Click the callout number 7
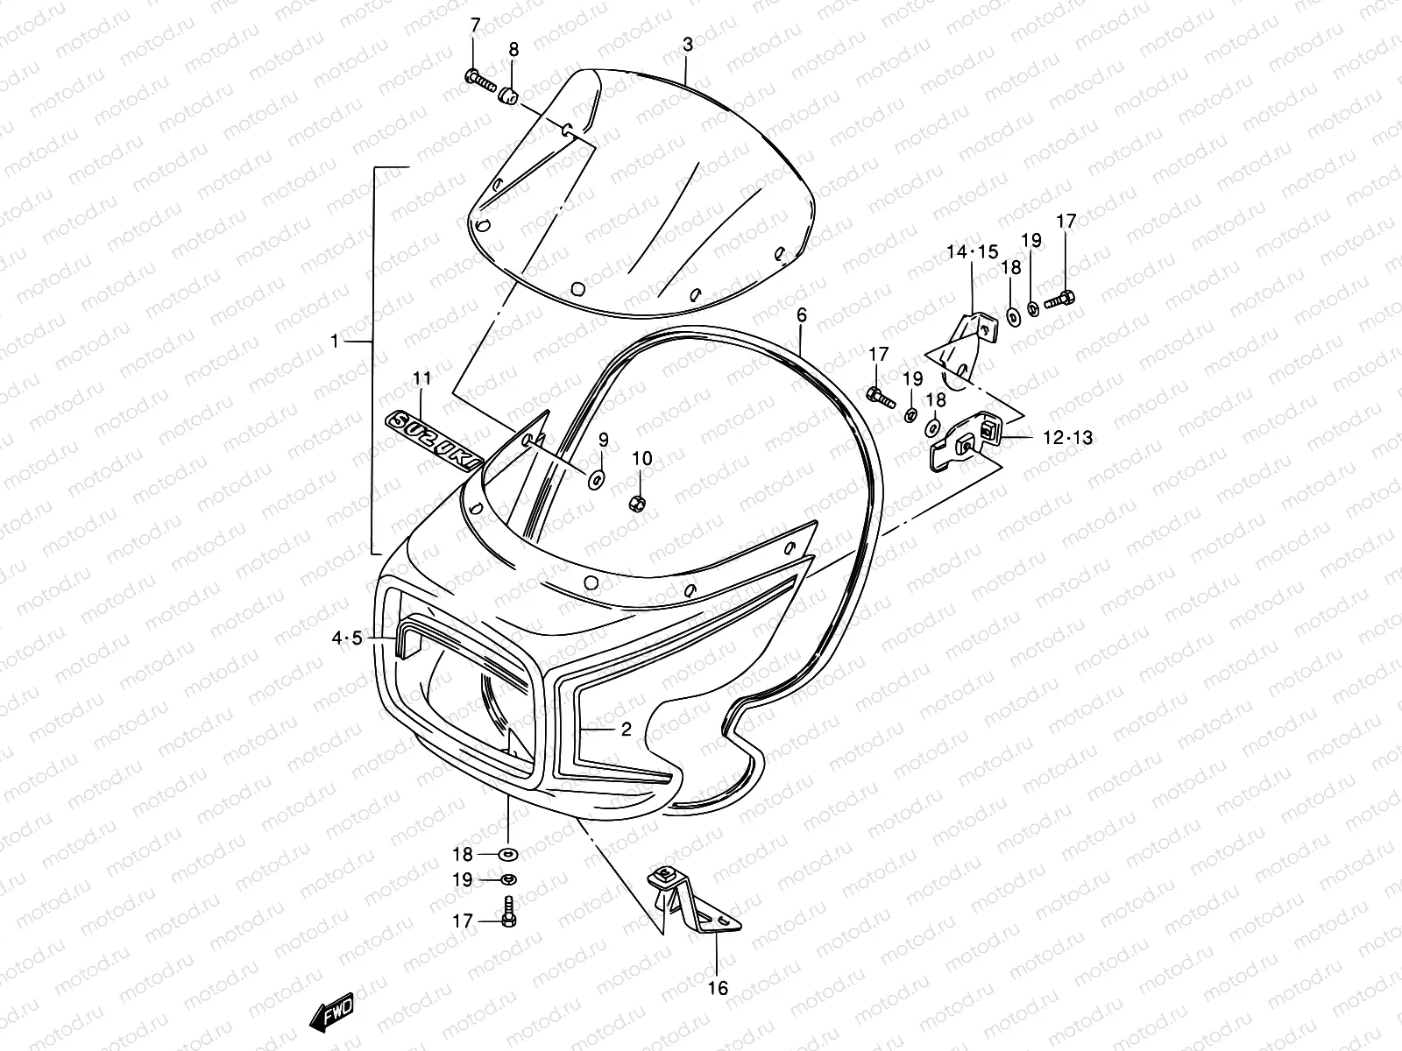[475, 24]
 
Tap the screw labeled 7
[481, 81]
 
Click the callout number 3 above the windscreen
[688, 44]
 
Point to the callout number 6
[801, 314]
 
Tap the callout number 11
[422, 379]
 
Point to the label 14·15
[972, 252]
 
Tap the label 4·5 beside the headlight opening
[346, 638]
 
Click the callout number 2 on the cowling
[626, 728]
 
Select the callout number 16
[717, 989]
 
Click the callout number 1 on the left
[334, 341]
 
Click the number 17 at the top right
[1066, 222]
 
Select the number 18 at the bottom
[462, 854]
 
